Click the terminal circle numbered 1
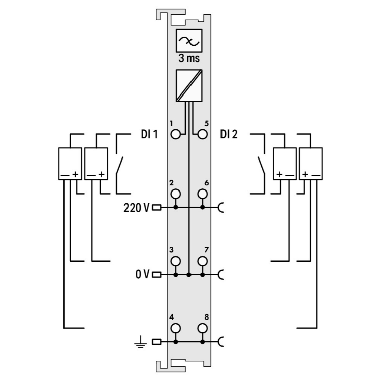176,135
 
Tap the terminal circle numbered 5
202,135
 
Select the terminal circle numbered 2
176,194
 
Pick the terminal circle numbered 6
202,194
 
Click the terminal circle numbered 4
176,329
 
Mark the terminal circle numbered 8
202,329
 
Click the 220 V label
137,207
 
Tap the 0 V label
142,275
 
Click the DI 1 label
149,135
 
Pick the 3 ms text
188,58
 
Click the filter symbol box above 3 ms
189,41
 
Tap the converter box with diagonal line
188,85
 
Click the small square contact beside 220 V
157,207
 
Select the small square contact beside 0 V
157,275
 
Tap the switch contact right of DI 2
260,165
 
